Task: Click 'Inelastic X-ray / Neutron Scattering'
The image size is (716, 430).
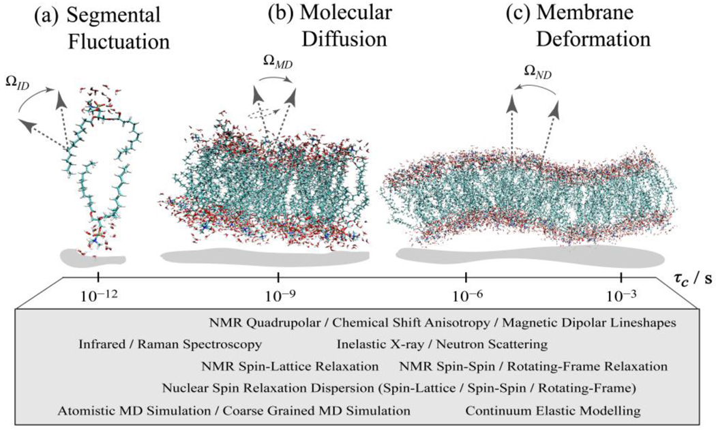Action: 442,344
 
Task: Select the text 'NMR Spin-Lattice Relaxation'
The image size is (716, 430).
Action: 290,366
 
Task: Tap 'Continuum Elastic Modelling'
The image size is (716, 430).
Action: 553,411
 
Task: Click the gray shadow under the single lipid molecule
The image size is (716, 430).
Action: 93,257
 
